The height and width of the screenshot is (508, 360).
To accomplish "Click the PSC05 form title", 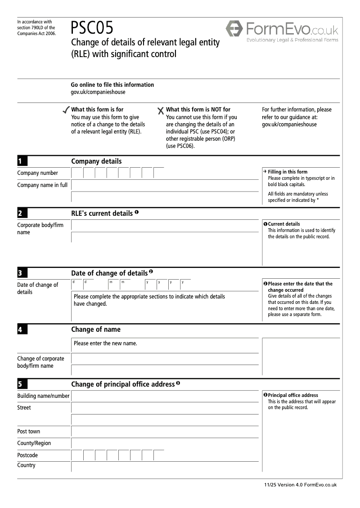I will coord(92,28).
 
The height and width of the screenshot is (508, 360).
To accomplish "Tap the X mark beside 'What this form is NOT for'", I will coord(161,111).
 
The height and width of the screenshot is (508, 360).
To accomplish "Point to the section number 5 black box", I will coord(22,384).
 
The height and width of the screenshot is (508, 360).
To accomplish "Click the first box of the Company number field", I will coord(77,173).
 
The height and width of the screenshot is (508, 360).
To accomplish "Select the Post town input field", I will coord(165,432).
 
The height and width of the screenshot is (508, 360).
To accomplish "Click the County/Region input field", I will coord(165,443).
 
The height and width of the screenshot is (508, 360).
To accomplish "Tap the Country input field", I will coord(165,466).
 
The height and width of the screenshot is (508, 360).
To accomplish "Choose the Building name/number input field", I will coord(165,396).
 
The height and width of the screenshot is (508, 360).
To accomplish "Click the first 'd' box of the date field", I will coord(77,285).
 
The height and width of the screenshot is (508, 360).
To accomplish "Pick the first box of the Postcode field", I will coord(77,455).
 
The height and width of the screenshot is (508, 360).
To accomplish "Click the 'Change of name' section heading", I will coord(96,330).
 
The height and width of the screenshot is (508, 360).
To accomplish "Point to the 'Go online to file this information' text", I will coord(112,85).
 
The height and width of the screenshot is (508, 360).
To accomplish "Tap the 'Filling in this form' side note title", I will coord(288,172).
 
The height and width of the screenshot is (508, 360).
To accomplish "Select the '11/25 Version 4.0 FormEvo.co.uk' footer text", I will coord(301,485).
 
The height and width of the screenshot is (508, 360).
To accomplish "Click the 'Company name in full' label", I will coord(42,185).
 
